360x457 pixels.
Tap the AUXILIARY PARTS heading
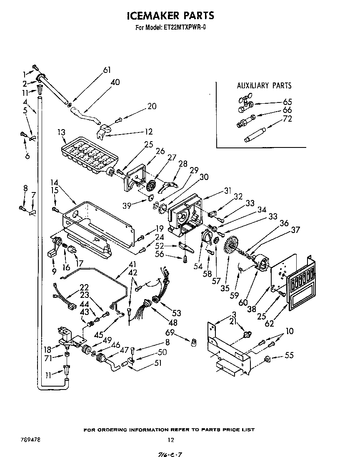(x=264, y=86)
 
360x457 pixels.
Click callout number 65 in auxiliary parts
(x=287, y=102)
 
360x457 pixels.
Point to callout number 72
(x=287, y=119)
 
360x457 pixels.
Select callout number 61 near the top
(x=107, y=70)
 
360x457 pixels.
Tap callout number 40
(x=115, y=82)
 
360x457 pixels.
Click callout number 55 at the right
(x=289, y=355)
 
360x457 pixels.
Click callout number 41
(x=132, y=264)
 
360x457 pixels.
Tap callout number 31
(x=227, y=191)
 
